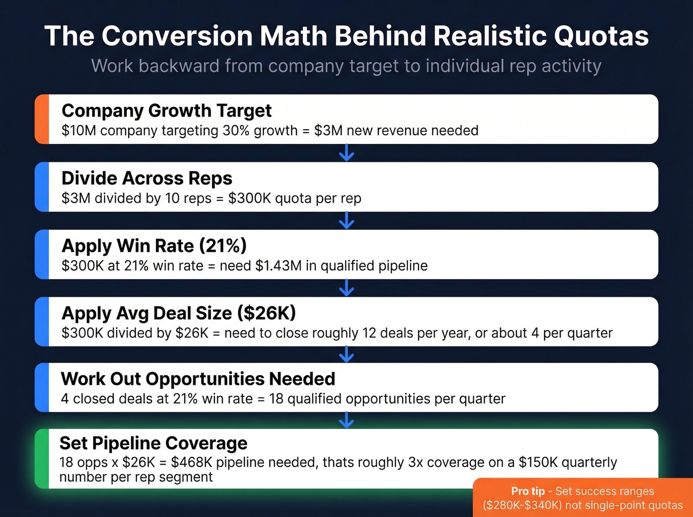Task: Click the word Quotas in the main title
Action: pyautogui.click(x=601, y=36)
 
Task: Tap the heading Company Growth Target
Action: pyautogui.click(x=166, y=110)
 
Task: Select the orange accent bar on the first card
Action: pyautogui.click(x=42, y=119)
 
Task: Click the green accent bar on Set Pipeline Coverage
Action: pyautogui.click(x=42, y=459)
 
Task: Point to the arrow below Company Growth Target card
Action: pyautogui.click(x=346, y=153)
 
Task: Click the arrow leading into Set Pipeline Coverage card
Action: pyautogui.click(x=346, y=420)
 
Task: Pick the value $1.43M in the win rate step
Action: pyautogui.click(x=278, y=266)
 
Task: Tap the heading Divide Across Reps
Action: pyautogui.click(x=147, y=178)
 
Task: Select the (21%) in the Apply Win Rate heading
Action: pyautogui.click(x=223, y=245)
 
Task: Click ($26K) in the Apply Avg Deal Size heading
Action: pyautogui.click(x=266, y=313)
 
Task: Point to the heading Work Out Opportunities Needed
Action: pyautogui.click(x=198, y=379)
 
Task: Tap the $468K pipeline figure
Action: pyautogui.click(x=192, y=462)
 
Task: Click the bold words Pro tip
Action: pyautogui.click(x=528, y=491)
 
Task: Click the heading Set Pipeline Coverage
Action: pyautogui.click(x=153, y=443)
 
